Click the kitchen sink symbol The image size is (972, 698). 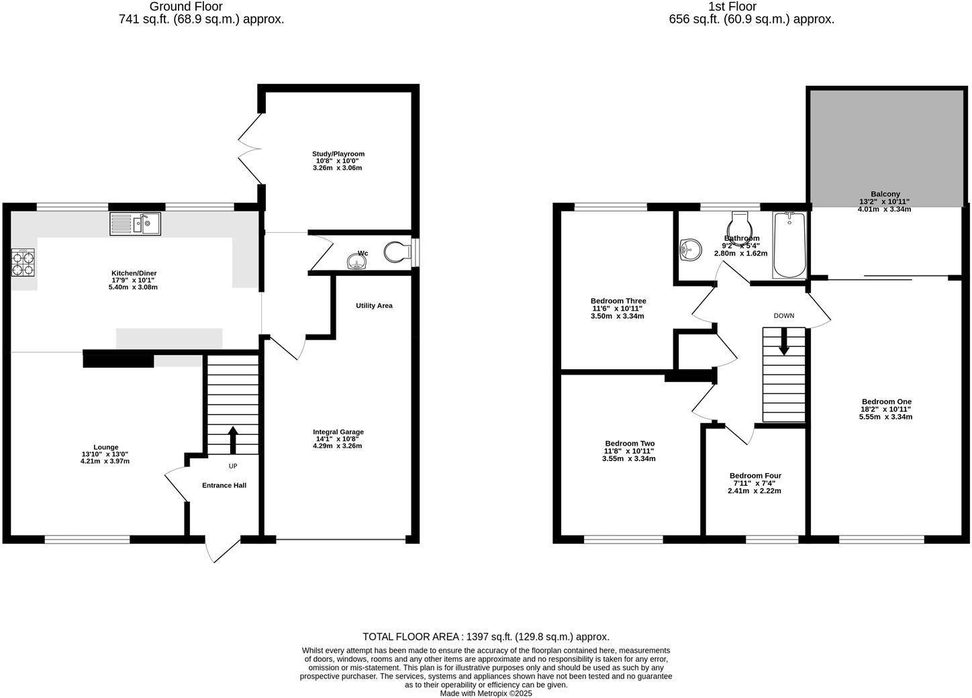[135, 223]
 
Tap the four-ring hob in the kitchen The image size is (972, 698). [23, 263]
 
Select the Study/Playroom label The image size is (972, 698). [340, 154]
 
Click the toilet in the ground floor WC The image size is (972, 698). [397, 252]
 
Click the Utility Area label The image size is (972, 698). [374, 305]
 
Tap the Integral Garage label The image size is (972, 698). [338, 432]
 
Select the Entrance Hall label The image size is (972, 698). [224, 485]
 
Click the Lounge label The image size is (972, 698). [105, 447]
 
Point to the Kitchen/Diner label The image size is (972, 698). [134, 273]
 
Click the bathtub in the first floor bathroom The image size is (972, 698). [789, 245]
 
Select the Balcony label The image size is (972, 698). [885, 194]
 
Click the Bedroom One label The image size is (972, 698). [885, 401]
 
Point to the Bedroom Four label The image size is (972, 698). [755, 476]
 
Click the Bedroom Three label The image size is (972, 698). [618, 301]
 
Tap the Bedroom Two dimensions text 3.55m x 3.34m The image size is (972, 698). [629, 459]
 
